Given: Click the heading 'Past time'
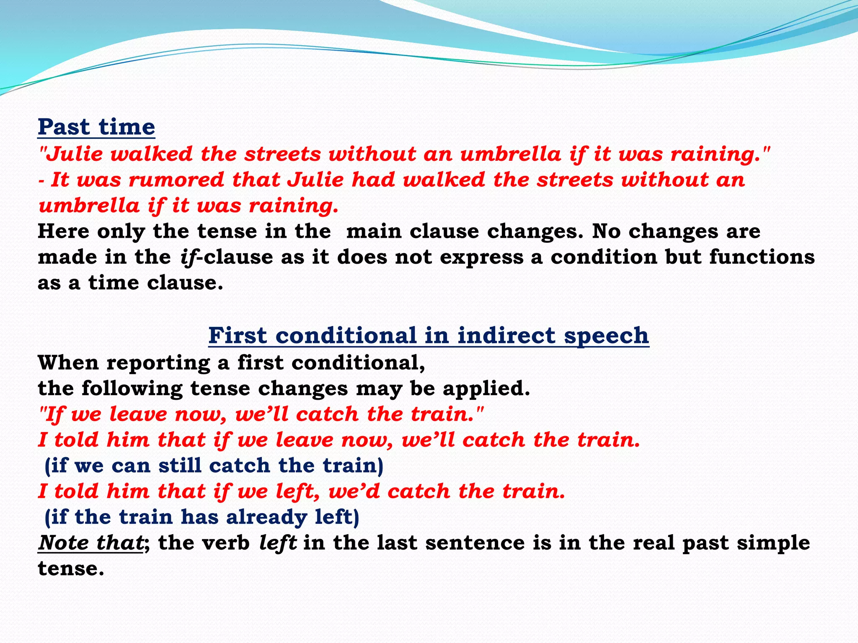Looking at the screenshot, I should [96, 127].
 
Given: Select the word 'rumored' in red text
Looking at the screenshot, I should [176, 180].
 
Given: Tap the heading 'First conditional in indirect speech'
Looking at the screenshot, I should [429, 336].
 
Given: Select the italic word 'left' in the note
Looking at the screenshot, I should [278, 543].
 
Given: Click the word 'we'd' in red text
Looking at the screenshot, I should [354, 491].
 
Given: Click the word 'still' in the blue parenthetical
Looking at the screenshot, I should [180, 466].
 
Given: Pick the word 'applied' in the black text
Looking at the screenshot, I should [486, 389].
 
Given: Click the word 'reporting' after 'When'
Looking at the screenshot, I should [158, 363].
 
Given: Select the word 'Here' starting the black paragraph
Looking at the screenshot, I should [63, 231].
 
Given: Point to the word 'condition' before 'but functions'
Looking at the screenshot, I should [604, 257].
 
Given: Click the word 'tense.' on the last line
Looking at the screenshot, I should [71, 569].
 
